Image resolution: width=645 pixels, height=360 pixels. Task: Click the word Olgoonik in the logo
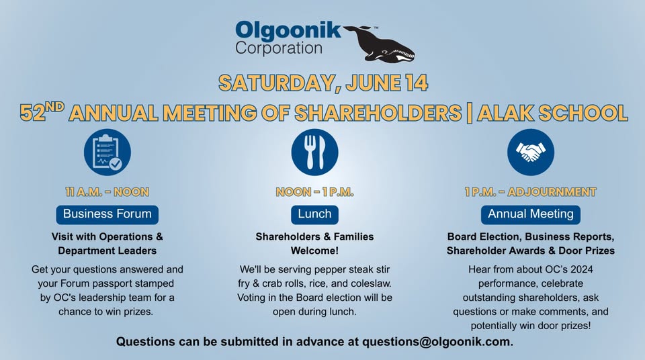click(x=288, y=31)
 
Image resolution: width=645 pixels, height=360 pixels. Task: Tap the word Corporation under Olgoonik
click(x=278, y=48)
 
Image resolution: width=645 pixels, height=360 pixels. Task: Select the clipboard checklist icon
click(x=107, y=152)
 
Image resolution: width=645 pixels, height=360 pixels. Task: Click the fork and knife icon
click(x=314, y=152)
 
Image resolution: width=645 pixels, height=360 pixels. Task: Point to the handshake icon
click(x=531, y=152)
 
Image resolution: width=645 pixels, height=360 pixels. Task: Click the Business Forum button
click(x=107, y=214)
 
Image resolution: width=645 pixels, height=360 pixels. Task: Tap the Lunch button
click(x=314, y=214)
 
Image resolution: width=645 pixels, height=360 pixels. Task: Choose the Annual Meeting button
click(x=531, y=214)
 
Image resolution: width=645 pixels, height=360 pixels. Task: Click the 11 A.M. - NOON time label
click(x=107, y=191)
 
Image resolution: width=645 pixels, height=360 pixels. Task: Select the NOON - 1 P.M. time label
click(x=314, y=191)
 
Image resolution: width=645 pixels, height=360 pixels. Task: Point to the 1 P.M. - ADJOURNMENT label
click(x=531, y=191)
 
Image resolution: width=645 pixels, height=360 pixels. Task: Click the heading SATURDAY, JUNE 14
click(x=323, y=83)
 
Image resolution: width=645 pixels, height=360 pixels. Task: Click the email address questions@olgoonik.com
click(x=437, y=342)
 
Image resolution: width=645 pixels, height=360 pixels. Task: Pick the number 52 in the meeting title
click(x=32, y=113)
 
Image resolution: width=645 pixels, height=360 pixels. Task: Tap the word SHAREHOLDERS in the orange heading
click(x=378, y=113)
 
